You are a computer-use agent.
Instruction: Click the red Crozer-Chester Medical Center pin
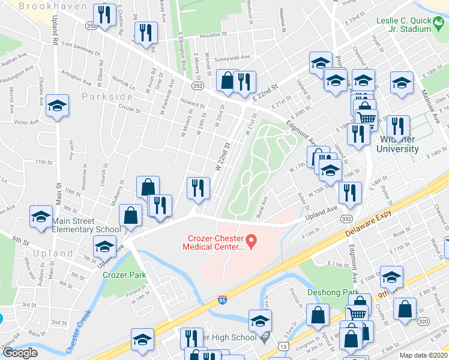[x=252, y=242]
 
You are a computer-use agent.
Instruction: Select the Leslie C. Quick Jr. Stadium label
[x=403, y=24]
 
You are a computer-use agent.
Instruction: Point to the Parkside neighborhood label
[x=107, y=97]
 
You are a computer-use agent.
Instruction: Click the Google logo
[x=20, y=353]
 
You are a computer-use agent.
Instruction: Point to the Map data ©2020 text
[x=424, y=355]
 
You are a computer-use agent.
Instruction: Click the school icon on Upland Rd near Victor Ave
[x=58, y=106]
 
